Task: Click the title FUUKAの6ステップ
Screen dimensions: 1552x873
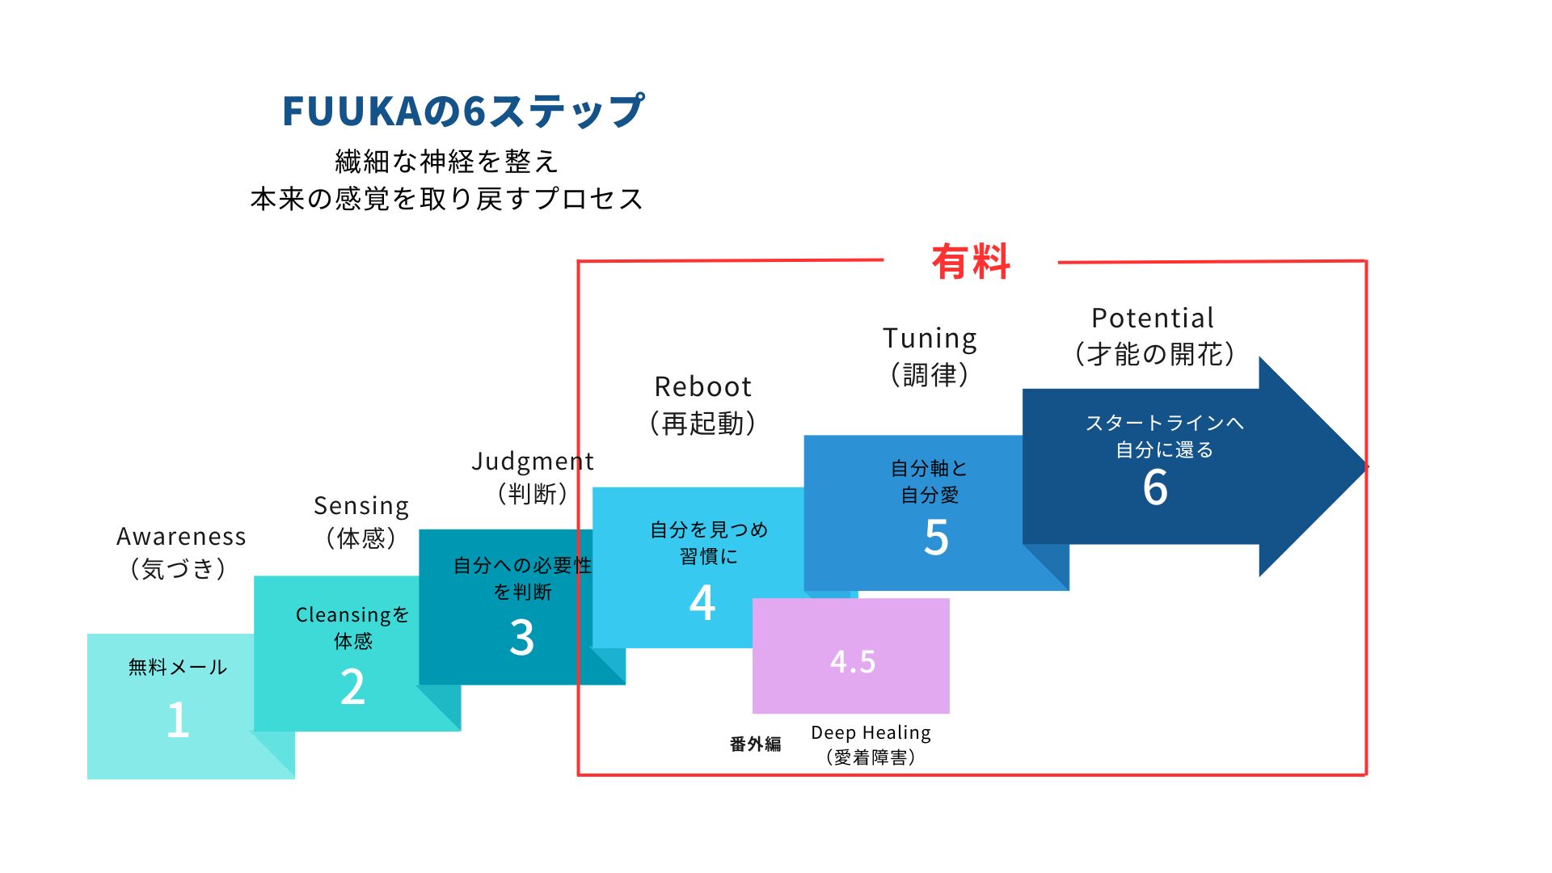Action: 463,112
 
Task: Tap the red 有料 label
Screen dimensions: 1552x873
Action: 971,262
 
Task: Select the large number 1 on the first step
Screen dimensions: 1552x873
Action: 178,719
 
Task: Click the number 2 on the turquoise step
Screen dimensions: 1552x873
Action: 352,687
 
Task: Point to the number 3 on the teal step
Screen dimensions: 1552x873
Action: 521,637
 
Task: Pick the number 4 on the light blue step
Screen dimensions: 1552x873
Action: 702,603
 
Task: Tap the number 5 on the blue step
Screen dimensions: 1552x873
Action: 936,538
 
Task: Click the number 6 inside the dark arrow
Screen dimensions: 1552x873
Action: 1155,487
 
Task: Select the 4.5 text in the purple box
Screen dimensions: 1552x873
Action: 853,661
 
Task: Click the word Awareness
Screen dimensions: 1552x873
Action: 181,537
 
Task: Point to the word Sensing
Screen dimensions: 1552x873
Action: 361,506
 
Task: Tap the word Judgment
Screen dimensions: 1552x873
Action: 533,462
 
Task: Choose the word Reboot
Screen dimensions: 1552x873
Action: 703,386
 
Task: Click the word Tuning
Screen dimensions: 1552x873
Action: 930,339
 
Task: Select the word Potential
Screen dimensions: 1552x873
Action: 1153,318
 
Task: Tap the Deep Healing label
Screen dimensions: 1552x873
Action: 871,733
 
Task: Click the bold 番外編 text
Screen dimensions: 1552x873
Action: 755,744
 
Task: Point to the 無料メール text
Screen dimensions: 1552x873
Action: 178,667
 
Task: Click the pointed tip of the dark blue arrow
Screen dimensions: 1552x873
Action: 1367,466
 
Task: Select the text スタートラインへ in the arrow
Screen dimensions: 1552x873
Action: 1164,423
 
